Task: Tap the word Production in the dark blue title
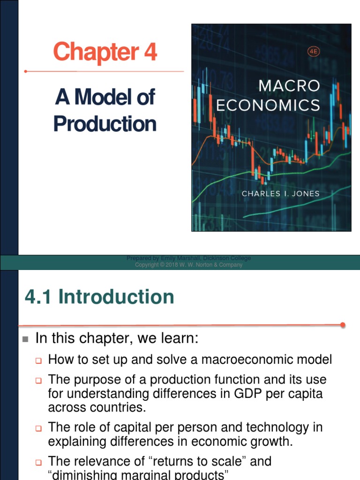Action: pos(105,124)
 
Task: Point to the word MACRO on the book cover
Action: pos(289,86)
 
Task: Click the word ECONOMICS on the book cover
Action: pos(268,105)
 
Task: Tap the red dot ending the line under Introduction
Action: pos(343,324)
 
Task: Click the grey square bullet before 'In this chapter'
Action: pos(25,339)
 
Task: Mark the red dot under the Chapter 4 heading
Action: pos(26,72)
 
